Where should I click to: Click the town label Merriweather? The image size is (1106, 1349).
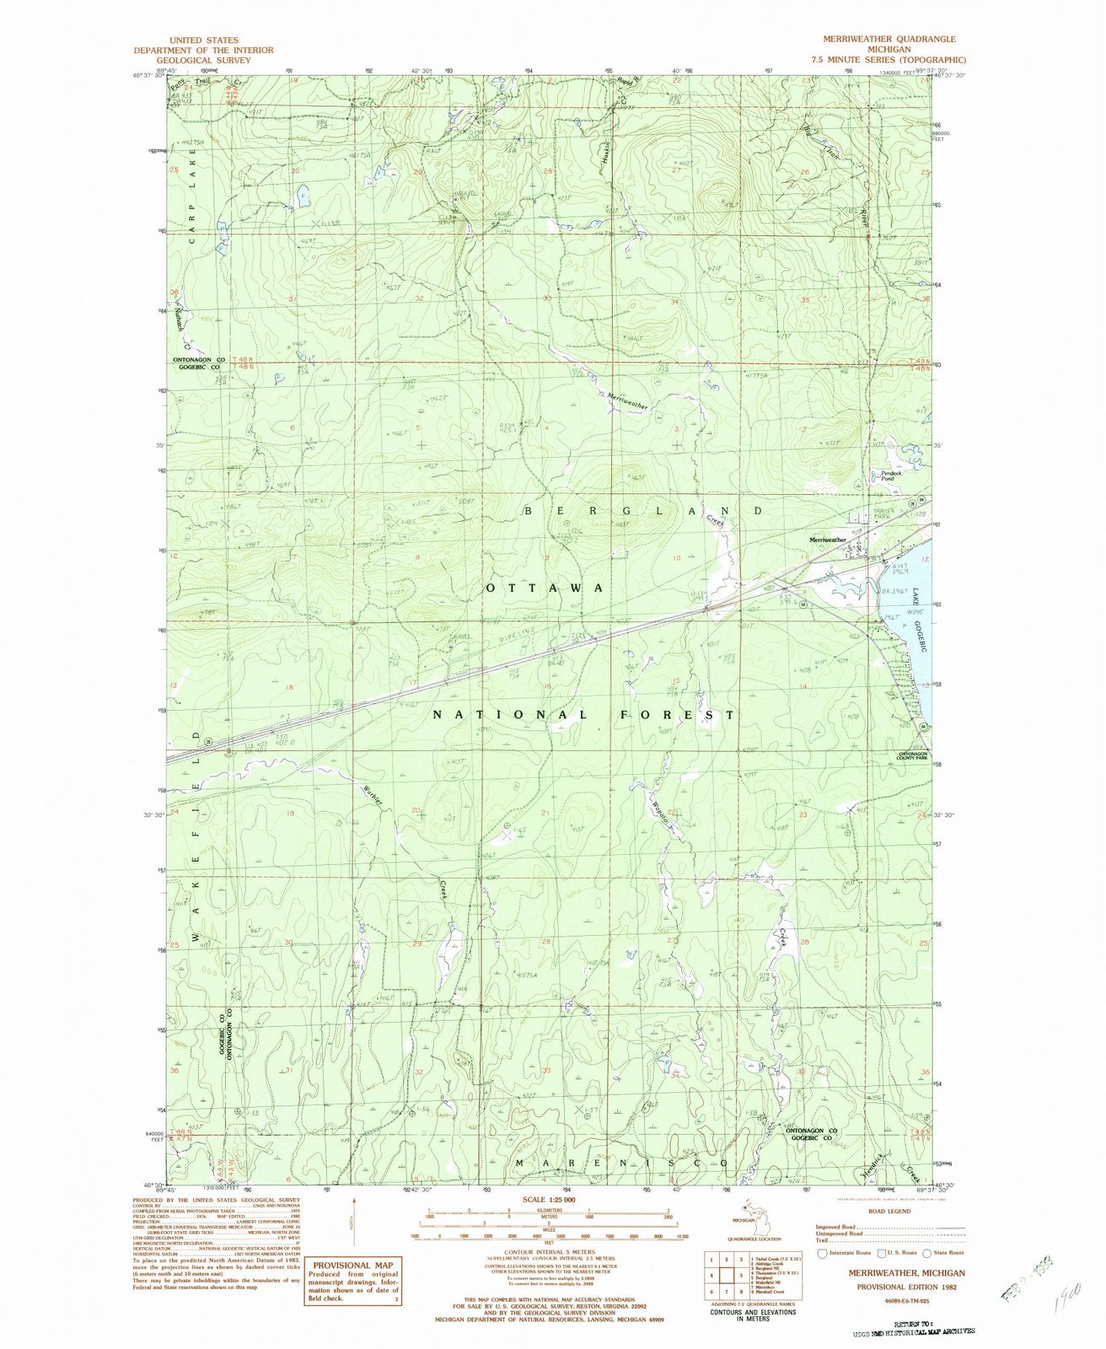click(x=827, y=540)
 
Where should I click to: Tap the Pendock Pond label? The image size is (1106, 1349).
click(x=893, y=476)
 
